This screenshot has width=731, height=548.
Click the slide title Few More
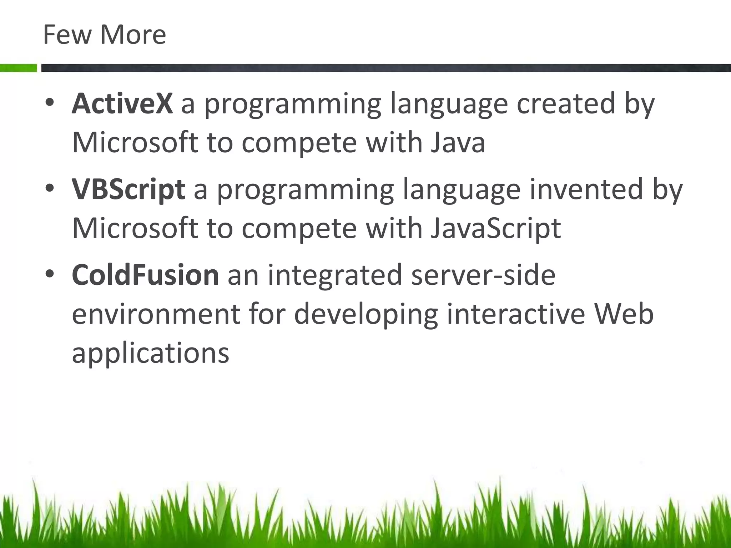[x=104, y=35]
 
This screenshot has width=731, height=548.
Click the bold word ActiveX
[x=122, y=103]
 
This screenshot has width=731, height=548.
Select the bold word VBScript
[x=128, y=189]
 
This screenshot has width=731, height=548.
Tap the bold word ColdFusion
[x=145, y=275]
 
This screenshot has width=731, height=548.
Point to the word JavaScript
[x=495, y=228]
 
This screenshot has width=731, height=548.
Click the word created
[x=565, y=103]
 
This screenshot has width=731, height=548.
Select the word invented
[x=586, y=189]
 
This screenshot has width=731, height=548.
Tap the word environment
[x=156, y=314]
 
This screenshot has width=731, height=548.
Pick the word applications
[x=150, y=353]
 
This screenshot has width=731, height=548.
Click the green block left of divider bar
[x=18, y=68]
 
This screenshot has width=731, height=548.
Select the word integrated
[x=335, y=275]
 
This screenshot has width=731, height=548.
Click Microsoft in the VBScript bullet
[x=135, y=228]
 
